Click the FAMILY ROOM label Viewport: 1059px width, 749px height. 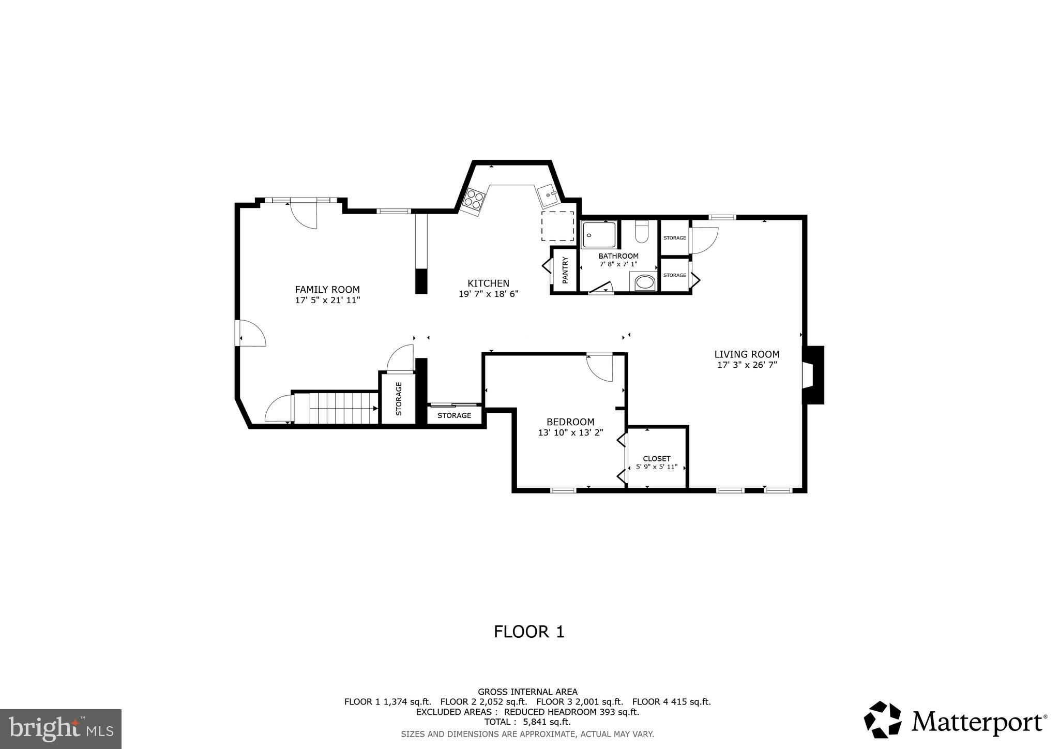point(327,290)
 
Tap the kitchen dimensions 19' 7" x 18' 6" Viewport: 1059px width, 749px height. point(488,294)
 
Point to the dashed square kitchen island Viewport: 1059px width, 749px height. point(557,226)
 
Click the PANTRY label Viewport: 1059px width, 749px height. point(565,270)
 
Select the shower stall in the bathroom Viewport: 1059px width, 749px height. point(599,234)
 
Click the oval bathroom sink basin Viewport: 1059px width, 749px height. point(644,282)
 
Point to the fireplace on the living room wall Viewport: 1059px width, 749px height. point(812,374)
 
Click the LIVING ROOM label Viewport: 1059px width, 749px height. point(747,354)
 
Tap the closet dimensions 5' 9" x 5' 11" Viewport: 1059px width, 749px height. point(656,467)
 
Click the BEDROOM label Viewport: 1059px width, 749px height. point(570,422)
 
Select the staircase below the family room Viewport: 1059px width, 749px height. point(337,408)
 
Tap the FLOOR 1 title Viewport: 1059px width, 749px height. point(529,632)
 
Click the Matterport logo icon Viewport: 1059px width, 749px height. point(883,720)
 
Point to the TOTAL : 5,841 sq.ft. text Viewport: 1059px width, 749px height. point(527,722)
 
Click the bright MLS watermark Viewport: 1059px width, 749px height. point(60,729)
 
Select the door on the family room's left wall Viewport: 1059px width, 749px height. point(251,333)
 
